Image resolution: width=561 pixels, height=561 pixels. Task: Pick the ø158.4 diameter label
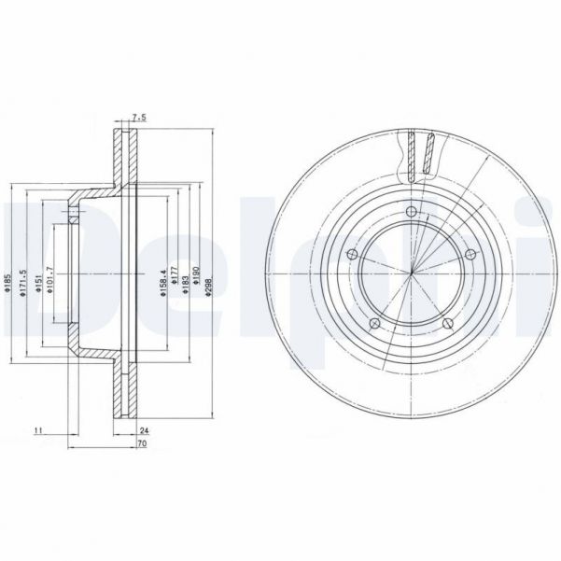163,281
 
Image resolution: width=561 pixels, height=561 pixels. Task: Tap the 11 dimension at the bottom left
37,431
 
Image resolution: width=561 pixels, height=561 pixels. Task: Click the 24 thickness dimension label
145,431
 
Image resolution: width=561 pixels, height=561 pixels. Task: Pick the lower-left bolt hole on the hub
373,323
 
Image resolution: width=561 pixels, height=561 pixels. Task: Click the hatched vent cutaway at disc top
421,155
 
